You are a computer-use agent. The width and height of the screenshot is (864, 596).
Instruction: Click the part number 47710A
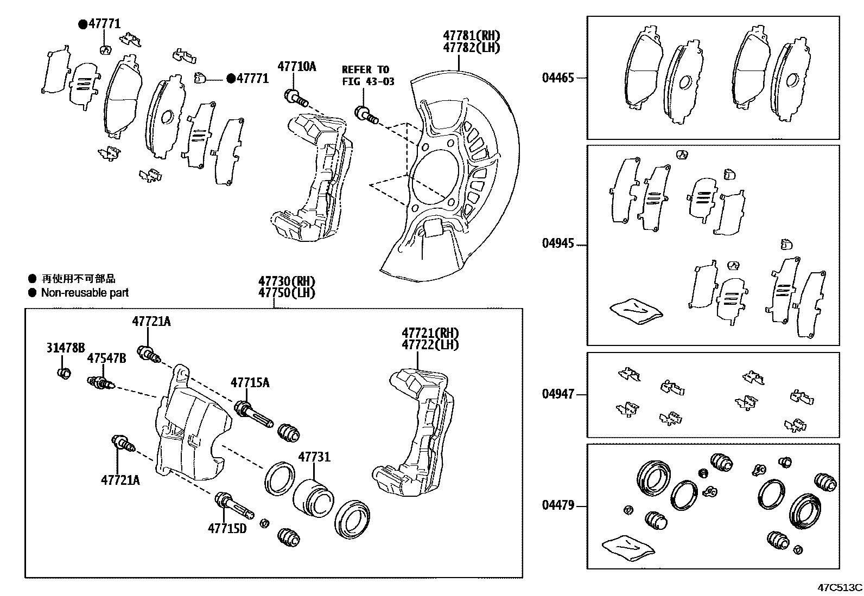296,67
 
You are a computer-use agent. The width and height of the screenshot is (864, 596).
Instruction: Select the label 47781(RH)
471,36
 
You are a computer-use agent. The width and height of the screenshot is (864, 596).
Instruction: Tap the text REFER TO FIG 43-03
367,75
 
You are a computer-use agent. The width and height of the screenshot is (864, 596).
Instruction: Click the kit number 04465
557,78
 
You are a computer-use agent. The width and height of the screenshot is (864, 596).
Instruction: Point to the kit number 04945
557,243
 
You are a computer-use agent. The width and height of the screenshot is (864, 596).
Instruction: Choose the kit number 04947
557,394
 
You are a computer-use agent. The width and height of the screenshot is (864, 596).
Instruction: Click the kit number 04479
557,506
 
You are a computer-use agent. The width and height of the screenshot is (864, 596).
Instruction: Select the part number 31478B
65,348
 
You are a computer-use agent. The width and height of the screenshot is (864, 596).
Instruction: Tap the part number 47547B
106,359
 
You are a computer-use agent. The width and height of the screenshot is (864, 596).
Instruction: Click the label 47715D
227,528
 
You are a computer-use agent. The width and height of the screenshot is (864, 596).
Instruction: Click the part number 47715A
250,383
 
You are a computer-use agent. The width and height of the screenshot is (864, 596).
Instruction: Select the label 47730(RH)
287,281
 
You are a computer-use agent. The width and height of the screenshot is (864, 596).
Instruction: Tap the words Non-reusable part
85,293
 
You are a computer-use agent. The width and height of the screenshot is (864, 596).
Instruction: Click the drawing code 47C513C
840,587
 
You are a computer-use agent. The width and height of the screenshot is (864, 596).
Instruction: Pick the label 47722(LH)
430,344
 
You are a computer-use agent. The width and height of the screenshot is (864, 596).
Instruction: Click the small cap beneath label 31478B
64,373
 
